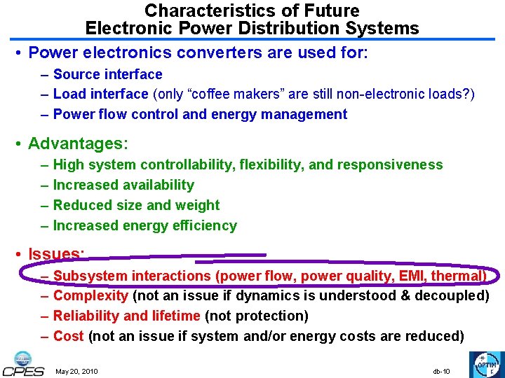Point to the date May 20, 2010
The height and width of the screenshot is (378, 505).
coord(76,371)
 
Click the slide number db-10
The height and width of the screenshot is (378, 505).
coord(441,371)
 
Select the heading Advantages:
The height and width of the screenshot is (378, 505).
coord(78,144)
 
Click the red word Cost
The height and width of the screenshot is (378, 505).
coord(68,336)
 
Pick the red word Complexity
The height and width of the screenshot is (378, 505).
coord(90,296)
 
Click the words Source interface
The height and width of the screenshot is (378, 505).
coord(107,74)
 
